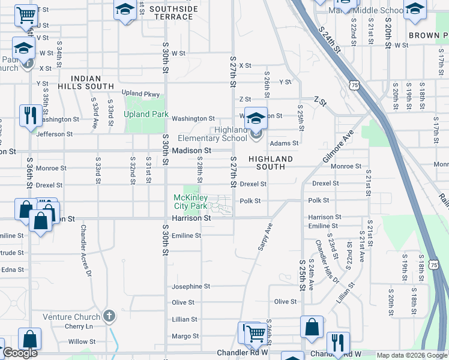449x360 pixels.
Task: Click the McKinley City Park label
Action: [x=190, y=202]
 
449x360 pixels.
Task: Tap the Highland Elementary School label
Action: [x=221, y=134]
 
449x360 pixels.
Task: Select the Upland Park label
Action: [x=146, y=114]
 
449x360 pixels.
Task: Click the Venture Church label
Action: [x=71, y=317]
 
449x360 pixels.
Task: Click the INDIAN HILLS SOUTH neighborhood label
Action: [x=92, y=82]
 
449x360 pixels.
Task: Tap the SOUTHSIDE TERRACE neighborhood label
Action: [x=173, y=13]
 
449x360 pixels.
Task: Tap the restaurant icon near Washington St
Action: [x=30, y=114]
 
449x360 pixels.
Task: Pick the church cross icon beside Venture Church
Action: [x=109, y=315]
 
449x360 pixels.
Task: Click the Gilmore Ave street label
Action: [x=339, y=146]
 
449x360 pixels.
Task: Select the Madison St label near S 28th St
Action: [x=191, y=151]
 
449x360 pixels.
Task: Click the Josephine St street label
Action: [x=191, y=287]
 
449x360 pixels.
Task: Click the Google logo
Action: [x=20, y=353]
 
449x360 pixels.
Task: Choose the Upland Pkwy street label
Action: [x=141, y=94]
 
